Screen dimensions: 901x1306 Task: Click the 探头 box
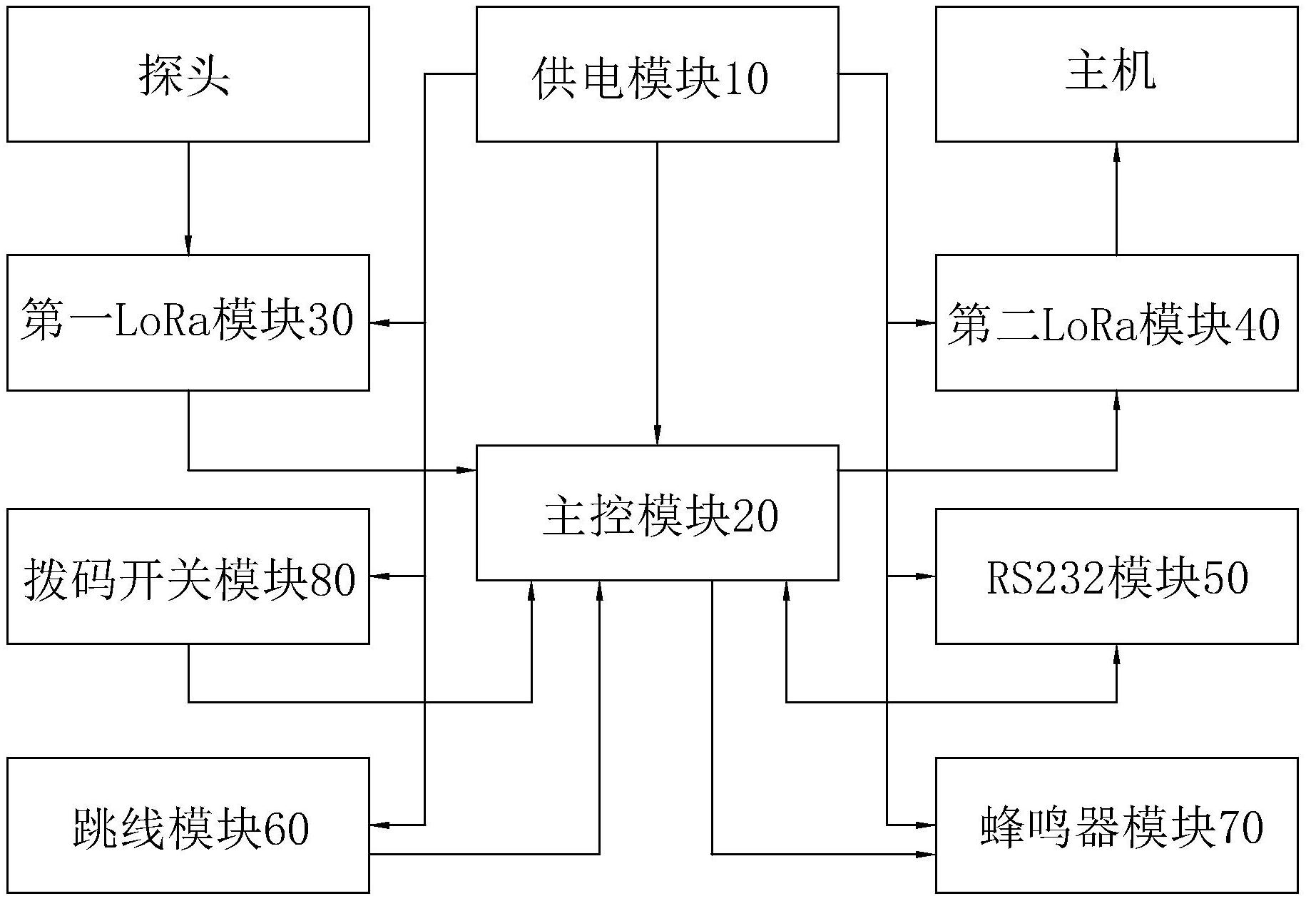(x=188, y=74)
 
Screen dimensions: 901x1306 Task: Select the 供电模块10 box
(x=657, y=74)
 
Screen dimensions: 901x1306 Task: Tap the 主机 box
(x=1116, y=74)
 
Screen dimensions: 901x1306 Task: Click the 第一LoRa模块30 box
(x=188, y=322)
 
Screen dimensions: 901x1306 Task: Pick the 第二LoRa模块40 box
(x=1116, y=322)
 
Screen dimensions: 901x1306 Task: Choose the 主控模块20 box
(x=657, y=512)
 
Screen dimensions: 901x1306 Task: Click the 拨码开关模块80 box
(x=188, y=576)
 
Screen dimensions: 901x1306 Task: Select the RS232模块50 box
(x=1116, y=576)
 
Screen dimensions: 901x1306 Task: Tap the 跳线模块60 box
(x=188, y=825)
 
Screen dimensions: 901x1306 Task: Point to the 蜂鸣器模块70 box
(x=1116, y=825)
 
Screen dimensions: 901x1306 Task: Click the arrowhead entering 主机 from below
(x=1116, y=151)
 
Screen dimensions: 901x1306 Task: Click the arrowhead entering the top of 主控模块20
(x=657, y=436)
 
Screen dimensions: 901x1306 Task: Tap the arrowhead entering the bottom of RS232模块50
(x=1116, y=653)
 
